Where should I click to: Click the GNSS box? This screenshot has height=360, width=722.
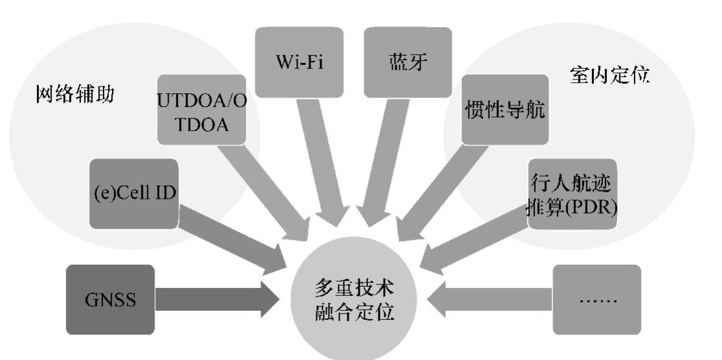110,300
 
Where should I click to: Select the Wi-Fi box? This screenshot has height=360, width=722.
298,62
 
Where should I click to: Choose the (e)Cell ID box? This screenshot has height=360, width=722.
133,194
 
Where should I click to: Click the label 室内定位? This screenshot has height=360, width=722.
611,76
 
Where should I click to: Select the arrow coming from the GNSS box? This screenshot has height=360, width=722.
213,300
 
